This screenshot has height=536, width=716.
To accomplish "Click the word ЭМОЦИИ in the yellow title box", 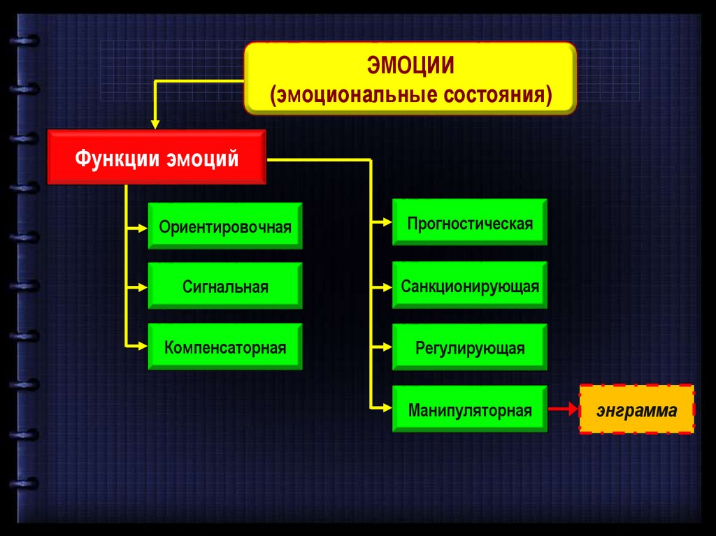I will point(410,66).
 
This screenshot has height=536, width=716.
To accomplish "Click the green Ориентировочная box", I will point(225,226).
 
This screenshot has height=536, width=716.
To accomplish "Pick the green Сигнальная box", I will point(225,287).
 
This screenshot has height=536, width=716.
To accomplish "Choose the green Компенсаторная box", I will point(225,347).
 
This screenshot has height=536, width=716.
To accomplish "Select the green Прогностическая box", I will point(470,224).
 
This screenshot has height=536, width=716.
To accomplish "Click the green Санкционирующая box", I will point(470,287).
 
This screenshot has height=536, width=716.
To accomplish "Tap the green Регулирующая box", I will point(470,347).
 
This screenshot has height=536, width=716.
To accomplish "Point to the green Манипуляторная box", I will point(470,410).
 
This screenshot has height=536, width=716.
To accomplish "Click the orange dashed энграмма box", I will point(636,410).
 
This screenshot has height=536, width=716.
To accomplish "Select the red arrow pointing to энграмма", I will point(564,410).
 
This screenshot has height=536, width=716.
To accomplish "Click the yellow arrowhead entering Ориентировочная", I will point(143,226).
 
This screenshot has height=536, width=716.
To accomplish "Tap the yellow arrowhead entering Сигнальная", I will point(143,287).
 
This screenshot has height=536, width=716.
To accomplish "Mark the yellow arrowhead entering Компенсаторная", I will point(143,345).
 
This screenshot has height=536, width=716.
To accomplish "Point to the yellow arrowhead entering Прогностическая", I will point(387,223).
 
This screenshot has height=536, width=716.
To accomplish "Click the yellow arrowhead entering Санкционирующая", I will point(387,287).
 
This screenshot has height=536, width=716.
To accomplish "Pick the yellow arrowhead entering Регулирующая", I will point(387,346).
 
